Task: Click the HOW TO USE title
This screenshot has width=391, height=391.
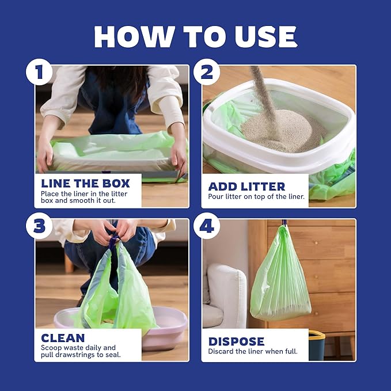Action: pyautogui.click(x=195, y=36)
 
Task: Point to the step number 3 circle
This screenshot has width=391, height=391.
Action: pyautogui.click(x=39, y=226)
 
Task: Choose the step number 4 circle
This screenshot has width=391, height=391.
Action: pyautogui.click(x=206, y=226)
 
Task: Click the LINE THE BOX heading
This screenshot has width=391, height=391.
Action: pyautogui.click(x=85, y=184)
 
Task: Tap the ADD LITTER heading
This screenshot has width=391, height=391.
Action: pyautogui.click(x=246, y=186)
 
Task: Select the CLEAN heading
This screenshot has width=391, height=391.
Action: pyautogui.click(x=63, y=338)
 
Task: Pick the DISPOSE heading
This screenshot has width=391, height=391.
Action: pyautogui.click(x=236, y=341)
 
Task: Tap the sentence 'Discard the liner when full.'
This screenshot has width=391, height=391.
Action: pyautogui.click(x=253, y=351)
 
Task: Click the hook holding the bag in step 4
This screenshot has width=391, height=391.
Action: pyautogui.click(x=284, y=222)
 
